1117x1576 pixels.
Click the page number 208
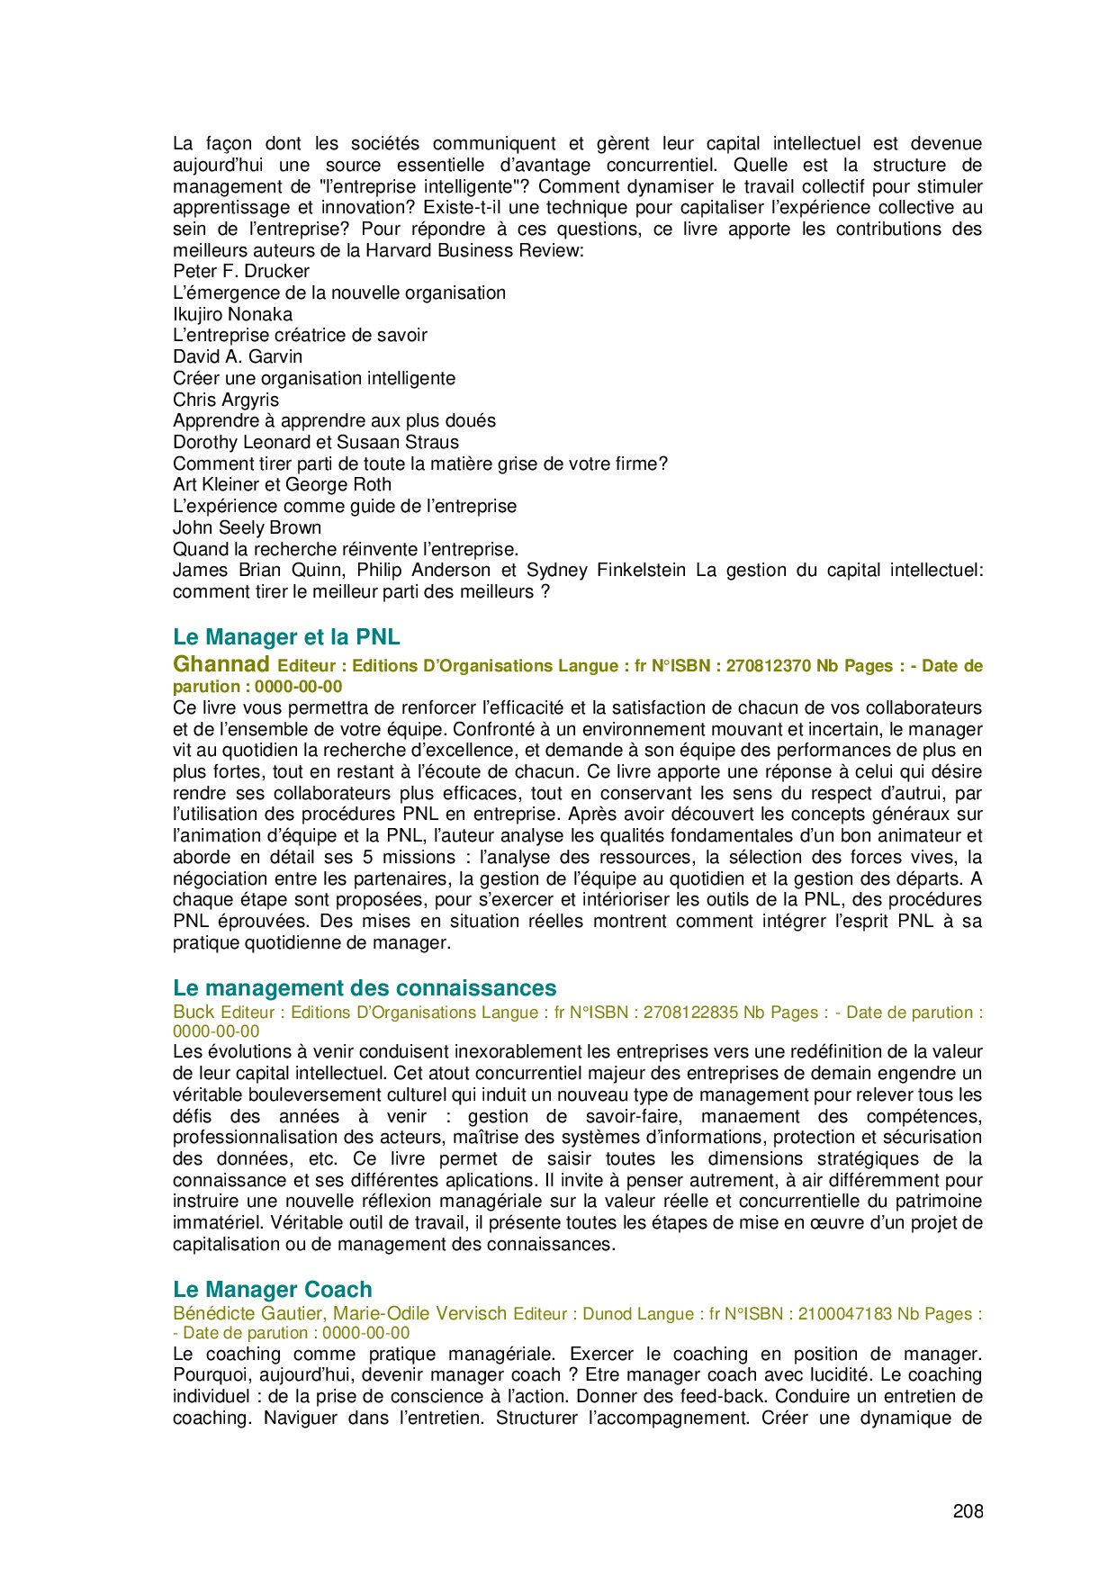click(x=968, y=1511)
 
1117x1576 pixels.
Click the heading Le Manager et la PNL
click(x=286, y=637)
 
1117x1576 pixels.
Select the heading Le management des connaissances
click(x=365, y=988)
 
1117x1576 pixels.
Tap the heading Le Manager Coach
click(x=272, y=1289)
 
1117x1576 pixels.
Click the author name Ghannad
click(x=221, y=664)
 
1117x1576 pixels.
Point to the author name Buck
click(x=194, y=1012)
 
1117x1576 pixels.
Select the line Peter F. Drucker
click(x=241, y=271)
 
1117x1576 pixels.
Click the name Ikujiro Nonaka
click(x=232, y=314)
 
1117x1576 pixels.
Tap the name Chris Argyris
click(x=226, y=400)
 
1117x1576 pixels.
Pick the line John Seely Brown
click(x=247, y=527)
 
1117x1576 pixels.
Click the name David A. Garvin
click(x=238, y=356)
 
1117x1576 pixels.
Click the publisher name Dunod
click(x=608, y=1314)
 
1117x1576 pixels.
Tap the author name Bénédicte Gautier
click(x=248, y=1313)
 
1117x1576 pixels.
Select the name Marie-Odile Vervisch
click(x=420, y=1313)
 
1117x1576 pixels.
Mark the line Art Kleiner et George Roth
click(x=282, y=484)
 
